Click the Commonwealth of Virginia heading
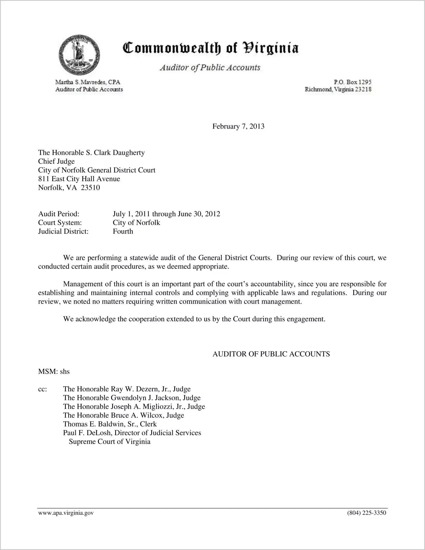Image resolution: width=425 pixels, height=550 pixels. pyautogui.click(x=211, y=48)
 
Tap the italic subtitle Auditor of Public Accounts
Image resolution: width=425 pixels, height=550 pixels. pyautogui.click(x=210, y=68)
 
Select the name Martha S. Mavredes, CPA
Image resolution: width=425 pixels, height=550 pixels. pyautogui.click(x=88, y=82)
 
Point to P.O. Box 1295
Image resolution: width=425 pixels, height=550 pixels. pyautogui.click(x=352, y=82)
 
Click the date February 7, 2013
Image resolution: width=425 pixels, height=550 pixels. pyautogui.click(x=238, y=126)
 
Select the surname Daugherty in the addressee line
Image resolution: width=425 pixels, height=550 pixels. pyautogui.click(x=129, y=153)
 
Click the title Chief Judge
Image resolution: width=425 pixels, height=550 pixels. pyautogui.click(x=56, y=161)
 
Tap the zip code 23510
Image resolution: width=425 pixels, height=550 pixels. pyautogui.click(x=90, y=188)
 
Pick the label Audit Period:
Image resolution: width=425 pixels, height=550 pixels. pyautogui.click(x=59, y=214)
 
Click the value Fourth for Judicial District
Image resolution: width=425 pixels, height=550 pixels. pyautogui.click(x=123, y=231)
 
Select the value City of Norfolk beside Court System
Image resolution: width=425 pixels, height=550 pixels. pyautogui.click(x=136, y=222)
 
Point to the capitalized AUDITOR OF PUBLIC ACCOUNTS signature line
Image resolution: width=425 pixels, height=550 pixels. pyautogui.click(x=271, y=354)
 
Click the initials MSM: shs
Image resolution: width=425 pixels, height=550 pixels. pyautogui.click(x=54, y=371)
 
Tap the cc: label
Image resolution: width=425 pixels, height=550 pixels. pyautogui.click(x=42, y=389)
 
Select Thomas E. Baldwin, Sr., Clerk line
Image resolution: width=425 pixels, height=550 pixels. pyautogui.click(x=110, y=424)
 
